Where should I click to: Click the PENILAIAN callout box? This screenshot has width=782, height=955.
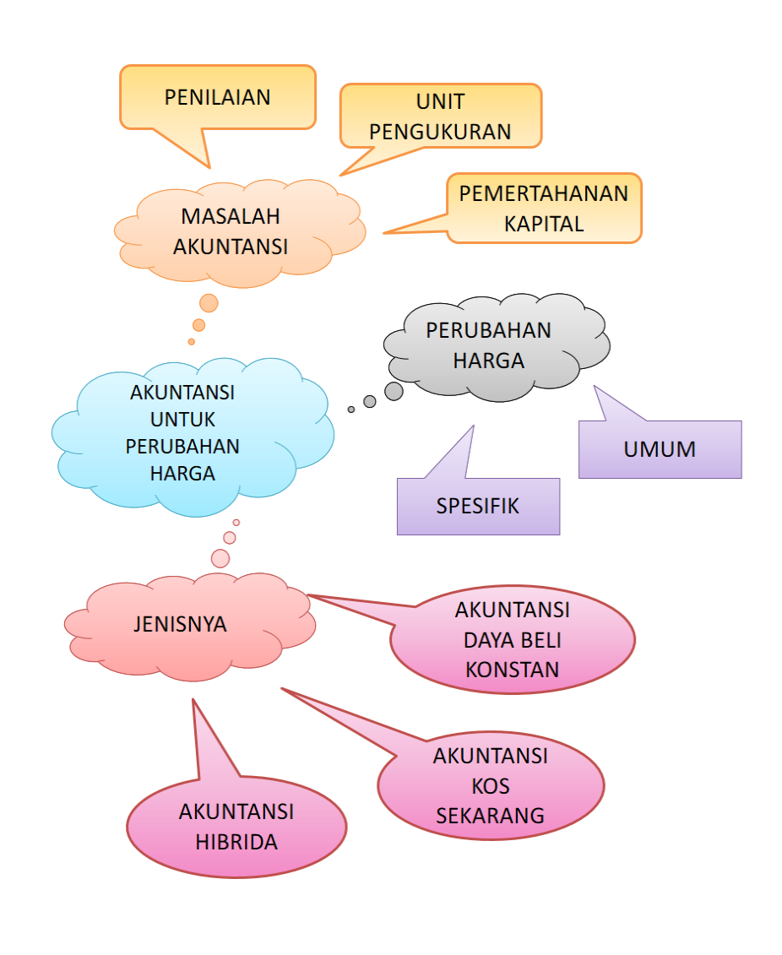[217, 96]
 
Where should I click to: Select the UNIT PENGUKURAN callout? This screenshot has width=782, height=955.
[440, 116]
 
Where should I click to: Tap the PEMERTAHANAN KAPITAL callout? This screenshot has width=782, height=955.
[544, 208]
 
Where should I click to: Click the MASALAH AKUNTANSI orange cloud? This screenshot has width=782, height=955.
[231, 230]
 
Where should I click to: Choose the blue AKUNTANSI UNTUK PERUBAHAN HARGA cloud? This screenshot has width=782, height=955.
[182, 433]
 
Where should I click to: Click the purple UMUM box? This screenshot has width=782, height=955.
[660, 449]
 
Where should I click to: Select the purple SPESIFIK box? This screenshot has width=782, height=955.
[478, 506]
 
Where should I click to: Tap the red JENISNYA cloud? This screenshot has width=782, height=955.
[180, 625]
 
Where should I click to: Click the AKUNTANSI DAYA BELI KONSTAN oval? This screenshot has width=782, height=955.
[512, 639]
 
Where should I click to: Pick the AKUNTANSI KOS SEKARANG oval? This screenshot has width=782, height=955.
[490, 785]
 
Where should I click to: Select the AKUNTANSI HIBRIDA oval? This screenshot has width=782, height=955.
[236, 827]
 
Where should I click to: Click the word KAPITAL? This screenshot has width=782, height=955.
[544, 224]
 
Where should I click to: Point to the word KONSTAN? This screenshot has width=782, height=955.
[512, 670]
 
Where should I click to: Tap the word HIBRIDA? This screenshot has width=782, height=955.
[236, 842]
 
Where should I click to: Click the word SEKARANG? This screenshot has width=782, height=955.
[490, 816]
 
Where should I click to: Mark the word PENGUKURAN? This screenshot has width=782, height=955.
[440, 132]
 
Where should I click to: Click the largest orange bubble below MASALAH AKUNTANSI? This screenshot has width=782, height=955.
[209, 302]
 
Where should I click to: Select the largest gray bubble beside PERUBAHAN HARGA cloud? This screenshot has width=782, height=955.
[394, 391]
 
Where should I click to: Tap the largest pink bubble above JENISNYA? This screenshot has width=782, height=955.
[220, 558]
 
